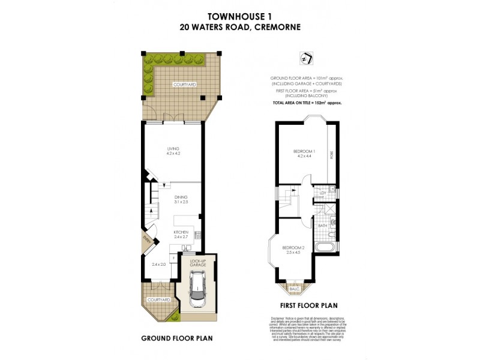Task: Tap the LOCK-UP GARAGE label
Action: pyautogui.click(x=197, y=263)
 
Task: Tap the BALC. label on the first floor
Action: pyautogui.click(x=294, y=289)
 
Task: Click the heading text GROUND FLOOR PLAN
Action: pyautogui.click(x=176, y=338)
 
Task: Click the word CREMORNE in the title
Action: pyautogui.click(x=278, y=27)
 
